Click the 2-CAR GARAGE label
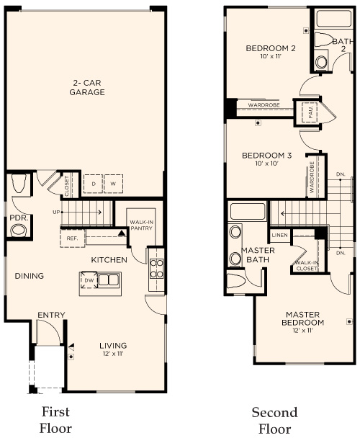(x=87, y=87)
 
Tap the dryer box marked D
(x=94, y=184)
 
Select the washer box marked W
(x=113, y=184)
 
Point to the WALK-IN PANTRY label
(x=141, y=225)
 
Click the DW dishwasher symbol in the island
(x=90, y=282)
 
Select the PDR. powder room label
(x=18, y=218)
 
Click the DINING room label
(x=29, y=276)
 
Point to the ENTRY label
(x=51, y=314)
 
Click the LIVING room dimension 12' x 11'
(x=113, y=355)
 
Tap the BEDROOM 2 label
(x=271, y=48)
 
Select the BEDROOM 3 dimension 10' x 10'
(x=266, y=164)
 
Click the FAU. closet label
(x=311, y=113)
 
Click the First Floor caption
(x=55, y=419)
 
